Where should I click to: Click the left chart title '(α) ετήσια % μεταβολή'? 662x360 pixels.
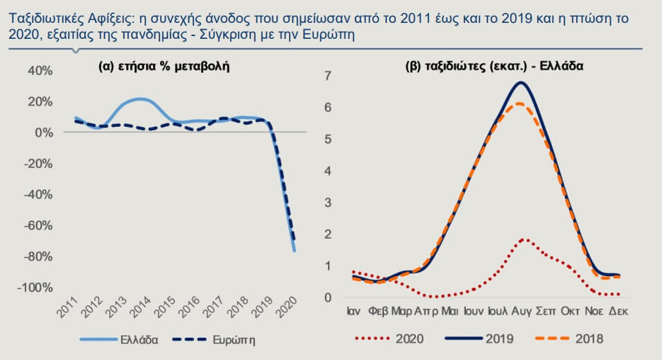164,67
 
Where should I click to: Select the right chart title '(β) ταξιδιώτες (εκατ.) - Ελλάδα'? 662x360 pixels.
494,67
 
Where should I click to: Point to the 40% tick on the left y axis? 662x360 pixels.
40,71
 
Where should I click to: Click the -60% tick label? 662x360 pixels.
37,225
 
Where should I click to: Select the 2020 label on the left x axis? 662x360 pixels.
290,309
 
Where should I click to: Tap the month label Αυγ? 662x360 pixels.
521,311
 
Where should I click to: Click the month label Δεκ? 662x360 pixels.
618,311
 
